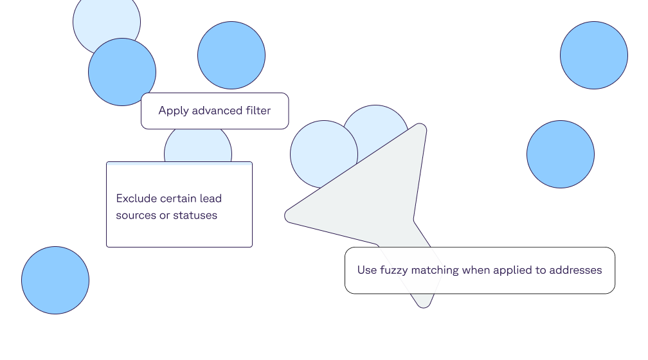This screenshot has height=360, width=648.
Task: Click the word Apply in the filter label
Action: pyautogui.click(x=172, y=111)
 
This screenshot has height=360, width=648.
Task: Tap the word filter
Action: pyautogui.click(x=256, y=111)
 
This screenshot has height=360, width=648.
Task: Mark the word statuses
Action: pyautogui.click(x=195, y=215)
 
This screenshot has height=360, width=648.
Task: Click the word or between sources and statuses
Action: pyautogui.click(x=165, y=215)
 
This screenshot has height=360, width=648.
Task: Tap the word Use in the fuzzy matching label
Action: pyautogui.click(x=367, y=270)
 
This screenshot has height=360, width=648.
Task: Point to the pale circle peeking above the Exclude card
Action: pyautogui.click(x=197, y=147)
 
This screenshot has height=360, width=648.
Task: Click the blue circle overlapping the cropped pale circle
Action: pyautogui.click(x=122, y=72)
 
